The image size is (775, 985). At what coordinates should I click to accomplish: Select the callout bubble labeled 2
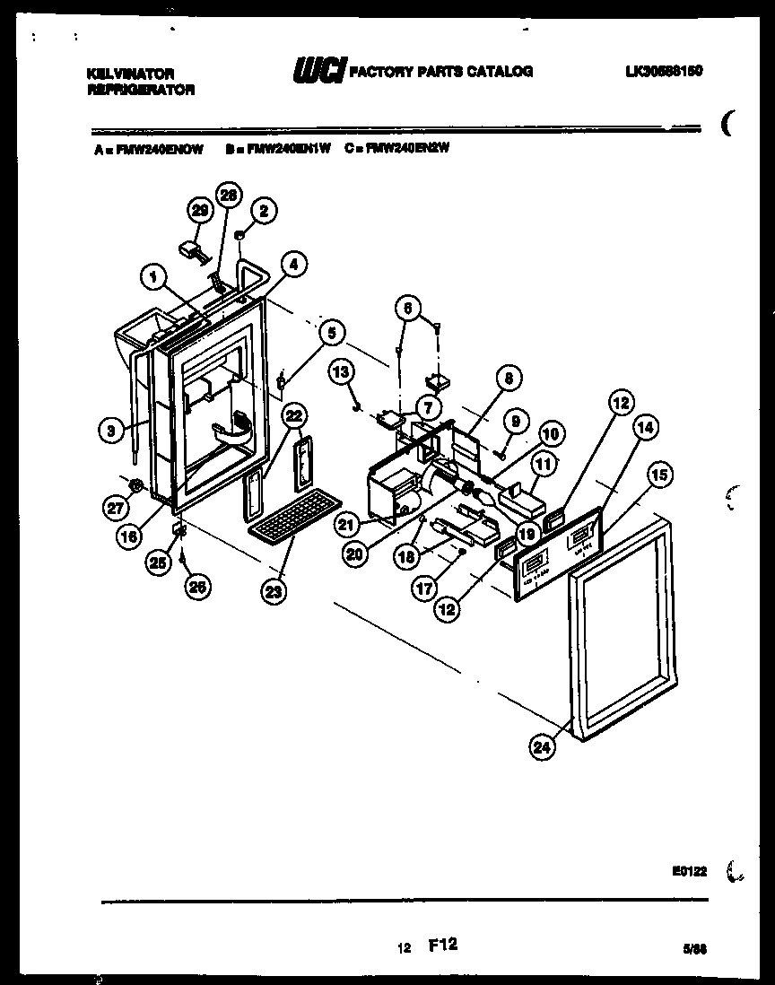tap(262, 209)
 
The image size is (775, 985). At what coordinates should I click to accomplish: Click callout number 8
tap(509, 379)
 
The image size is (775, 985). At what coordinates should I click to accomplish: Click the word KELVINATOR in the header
tap(130, 73)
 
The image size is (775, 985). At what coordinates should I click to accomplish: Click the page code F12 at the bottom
tap(444, 945)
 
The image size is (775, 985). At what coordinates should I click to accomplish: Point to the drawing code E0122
tap(689, 869)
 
